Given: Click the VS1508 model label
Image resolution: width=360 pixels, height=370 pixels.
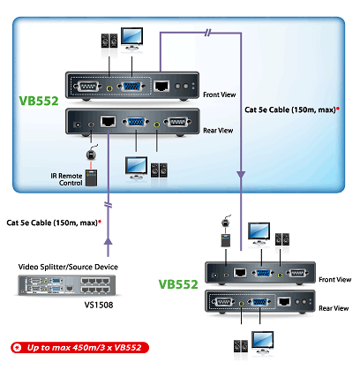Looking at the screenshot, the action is point(99,305).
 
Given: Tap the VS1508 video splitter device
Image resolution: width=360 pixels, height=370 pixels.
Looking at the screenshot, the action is point(67,285).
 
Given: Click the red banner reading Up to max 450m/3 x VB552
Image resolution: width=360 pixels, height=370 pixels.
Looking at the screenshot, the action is point(79,348).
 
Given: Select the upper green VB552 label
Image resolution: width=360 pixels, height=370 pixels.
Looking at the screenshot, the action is point(39,101).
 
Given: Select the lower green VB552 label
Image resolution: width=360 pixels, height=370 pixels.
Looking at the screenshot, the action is point(178,284).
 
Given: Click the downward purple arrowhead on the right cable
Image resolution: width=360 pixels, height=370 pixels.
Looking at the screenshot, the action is point(241,175).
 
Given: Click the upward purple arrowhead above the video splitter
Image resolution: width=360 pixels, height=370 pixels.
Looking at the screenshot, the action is point(109,241).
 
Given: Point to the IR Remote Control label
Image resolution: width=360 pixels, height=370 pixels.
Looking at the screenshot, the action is point(66,179).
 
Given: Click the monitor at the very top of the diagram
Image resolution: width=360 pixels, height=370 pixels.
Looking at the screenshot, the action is point(131,38).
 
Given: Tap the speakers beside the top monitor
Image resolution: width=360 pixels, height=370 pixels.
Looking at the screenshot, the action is point(109,41).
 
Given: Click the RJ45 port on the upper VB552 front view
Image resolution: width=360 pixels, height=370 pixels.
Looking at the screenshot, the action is point(161,86).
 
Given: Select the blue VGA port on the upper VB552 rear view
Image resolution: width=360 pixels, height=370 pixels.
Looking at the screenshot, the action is point(136,122).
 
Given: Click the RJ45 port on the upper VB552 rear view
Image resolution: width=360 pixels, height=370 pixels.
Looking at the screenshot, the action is point(108,121).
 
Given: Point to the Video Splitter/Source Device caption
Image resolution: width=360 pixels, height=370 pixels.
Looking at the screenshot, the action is point(68,267).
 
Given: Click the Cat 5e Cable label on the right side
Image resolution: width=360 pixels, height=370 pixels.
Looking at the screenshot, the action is point(290,109).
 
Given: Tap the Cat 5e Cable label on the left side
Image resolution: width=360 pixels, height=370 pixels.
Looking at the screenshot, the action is point(52,223).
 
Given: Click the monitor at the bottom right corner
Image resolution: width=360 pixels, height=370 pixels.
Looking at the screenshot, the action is point(263,343).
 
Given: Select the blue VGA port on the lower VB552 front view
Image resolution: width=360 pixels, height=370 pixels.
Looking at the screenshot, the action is point(261,273).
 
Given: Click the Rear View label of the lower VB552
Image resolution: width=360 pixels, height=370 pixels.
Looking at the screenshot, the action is point(334,308).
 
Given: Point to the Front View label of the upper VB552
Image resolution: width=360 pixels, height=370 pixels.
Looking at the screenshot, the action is point(220,94).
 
